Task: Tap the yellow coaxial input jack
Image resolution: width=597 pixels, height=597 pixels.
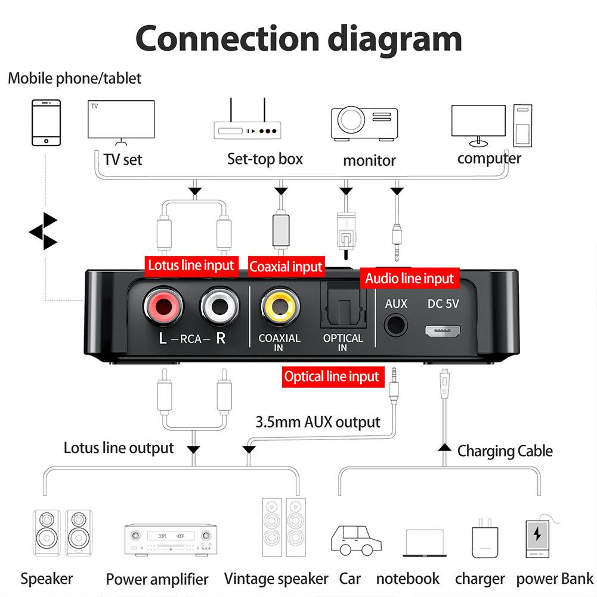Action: [279, 309]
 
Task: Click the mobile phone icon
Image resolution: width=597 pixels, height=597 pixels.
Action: [46, 122]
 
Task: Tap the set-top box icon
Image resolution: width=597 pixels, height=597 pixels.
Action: [248, 122]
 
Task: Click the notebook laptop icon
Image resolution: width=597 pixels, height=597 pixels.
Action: [424, 543]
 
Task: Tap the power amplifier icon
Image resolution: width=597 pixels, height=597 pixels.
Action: [170, 540]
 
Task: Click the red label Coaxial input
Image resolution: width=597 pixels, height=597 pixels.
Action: [286, 266]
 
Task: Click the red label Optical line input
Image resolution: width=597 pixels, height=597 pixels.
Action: [332, 376]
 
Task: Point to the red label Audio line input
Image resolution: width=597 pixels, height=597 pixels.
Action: [410, 278]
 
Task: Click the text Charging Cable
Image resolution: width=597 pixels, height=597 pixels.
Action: [505, 451]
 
